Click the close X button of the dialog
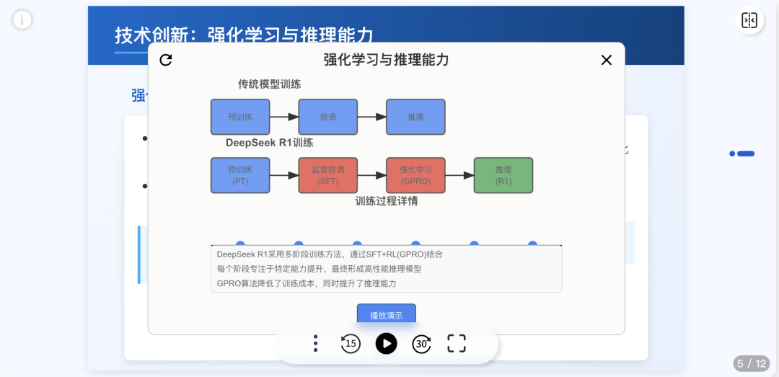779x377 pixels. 607,60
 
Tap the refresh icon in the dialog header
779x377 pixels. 166,60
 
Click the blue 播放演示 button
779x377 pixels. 386,315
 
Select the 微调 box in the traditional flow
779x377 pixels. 328,117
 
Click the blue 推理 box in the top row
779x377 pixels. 415,117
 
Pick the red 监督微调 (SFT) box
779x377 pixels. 328,175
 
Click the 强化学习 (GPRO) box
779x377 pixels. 415,175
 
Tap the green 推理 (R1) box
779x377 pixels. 503,175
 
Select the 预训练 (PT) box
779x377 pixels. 240,175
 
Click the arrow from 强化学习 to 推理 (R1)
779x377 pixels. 459,175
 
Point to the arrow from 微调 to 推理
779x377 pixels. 371,117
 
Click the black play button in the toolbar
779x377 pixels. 387,343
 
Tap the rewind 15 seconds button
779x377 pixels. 351,343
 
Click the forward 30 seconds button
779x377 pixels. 422,343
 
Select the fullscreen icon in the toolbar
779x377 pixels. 457,343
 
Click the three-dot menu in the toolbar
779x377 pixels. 315,343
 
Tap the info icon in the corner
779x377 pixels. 22,19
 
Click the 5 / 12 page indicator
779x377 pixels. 752,363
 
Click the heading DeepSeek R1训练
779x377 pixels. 270,143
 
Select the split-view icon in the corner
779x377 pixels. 749,20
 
